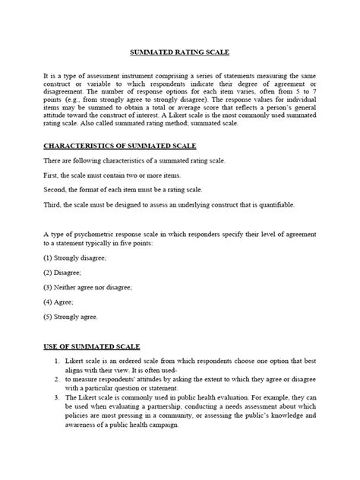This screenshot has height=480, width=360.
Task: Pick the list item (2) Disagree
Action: [x=52, y=273]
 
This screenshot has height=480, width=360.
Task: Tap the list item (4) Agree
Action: [x=47, y=302]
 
